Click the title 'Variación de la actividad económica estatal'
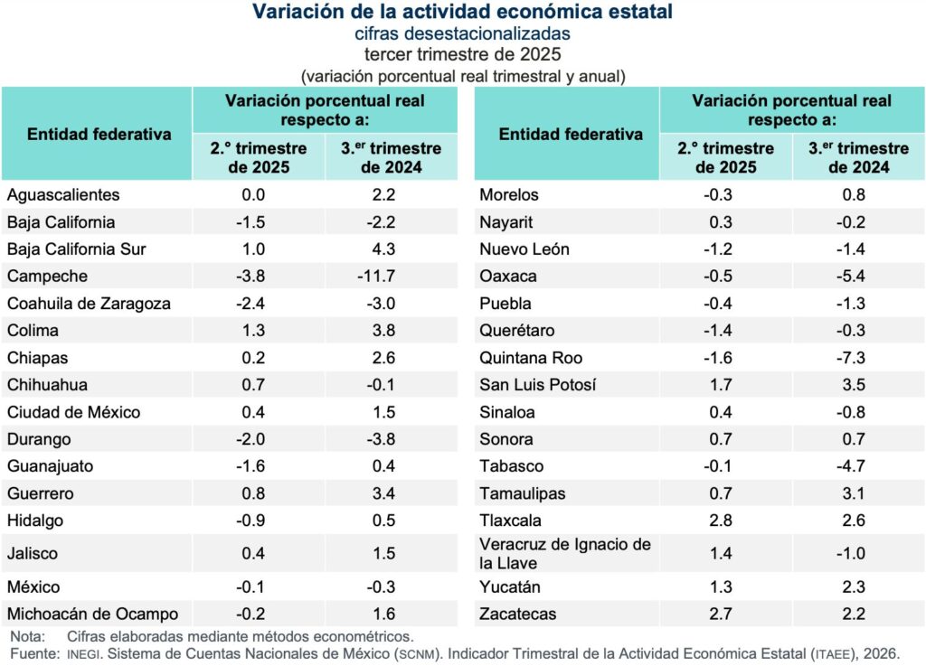(x=462, y=12)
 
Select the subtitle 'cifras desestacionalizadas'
(x=462, y=33)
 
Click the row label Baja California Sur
(x=76, y=249)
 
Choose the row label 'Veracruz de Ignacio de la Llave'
(x=565, y=553)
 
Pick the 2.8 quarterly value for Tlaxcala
(x=721, y=521)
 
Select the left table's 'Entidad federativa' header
(x=99, y=134)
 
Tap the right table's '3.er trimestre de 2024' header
(x=858, y=157)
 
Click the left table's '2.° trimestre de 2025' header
(x=259, y=157)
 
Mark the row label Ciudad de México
(x=73, y=412)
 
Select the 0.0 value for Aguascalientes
(x=254, y=195)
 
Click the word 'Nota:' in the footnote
(x=27, y=636)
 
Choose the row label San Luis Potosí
(x=537, y=385)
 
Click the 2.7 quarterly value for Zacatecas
(x=721, y=614)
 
